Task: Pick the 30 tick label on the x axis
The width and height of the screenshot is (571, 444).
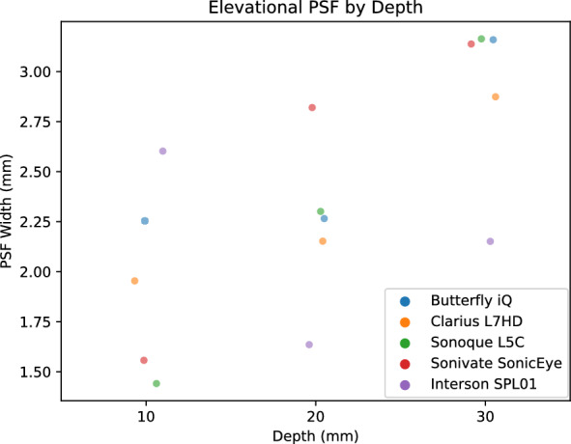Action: [485, 415]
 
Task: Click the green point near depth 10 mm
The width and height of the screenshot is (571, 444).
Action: [157, 383]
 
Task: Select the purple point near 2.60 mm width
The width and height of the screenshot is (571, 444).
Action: [162, 151]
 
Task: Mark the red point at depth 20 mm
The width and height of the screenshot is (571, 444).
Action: [312, 107]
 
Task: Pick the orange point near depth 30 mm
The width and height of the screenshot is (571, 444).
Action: [496, 97]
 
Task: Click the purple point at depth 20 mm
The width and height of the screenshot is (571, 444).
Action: [309, 345]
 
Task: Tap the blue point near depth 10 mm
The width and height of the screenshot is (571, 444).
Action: [145, 221]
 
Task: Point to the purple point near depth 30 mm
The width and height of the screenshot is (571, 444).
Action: [490, 241]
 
